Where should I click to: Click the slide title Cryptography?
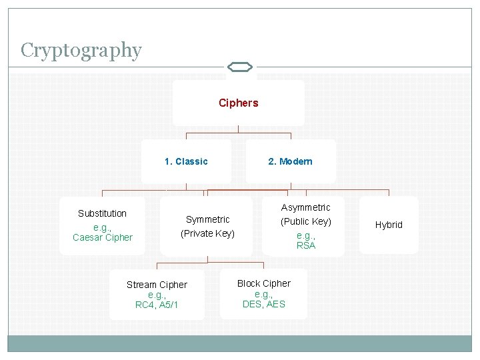pos(81,51)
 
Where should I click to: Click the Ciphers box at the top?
pos(238,103)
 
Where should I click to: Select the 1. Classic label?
pos(186,161)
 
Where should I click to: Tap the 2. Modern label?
pos(290,161)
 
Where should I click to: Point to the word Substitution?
pos(102,213)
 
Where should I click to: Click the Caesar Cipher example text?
pos(103,237)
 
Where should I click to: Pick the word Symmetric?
pos(207,219)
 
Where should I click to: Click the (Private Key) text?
pos(207,233)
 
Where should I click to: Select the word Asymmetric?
pos(305,207)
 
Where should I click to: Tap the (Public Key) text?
pos(305,221)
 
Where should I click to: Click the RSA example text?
pos(306,245)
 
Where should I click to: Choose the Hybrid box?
pos(389,225)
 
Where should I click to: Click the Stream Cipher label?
pos(157,285)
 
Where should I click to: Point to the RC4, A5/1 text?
pos(157,305)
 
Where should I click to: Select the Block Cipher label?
pos(264,283)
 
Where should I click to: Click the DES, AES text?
pos(264,304)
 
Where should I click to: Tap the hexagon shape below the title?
pos(239,67)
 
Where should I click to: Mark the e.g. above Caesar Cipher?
pos(103,227)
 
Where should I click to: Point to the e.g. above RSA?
pos(306,236)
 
